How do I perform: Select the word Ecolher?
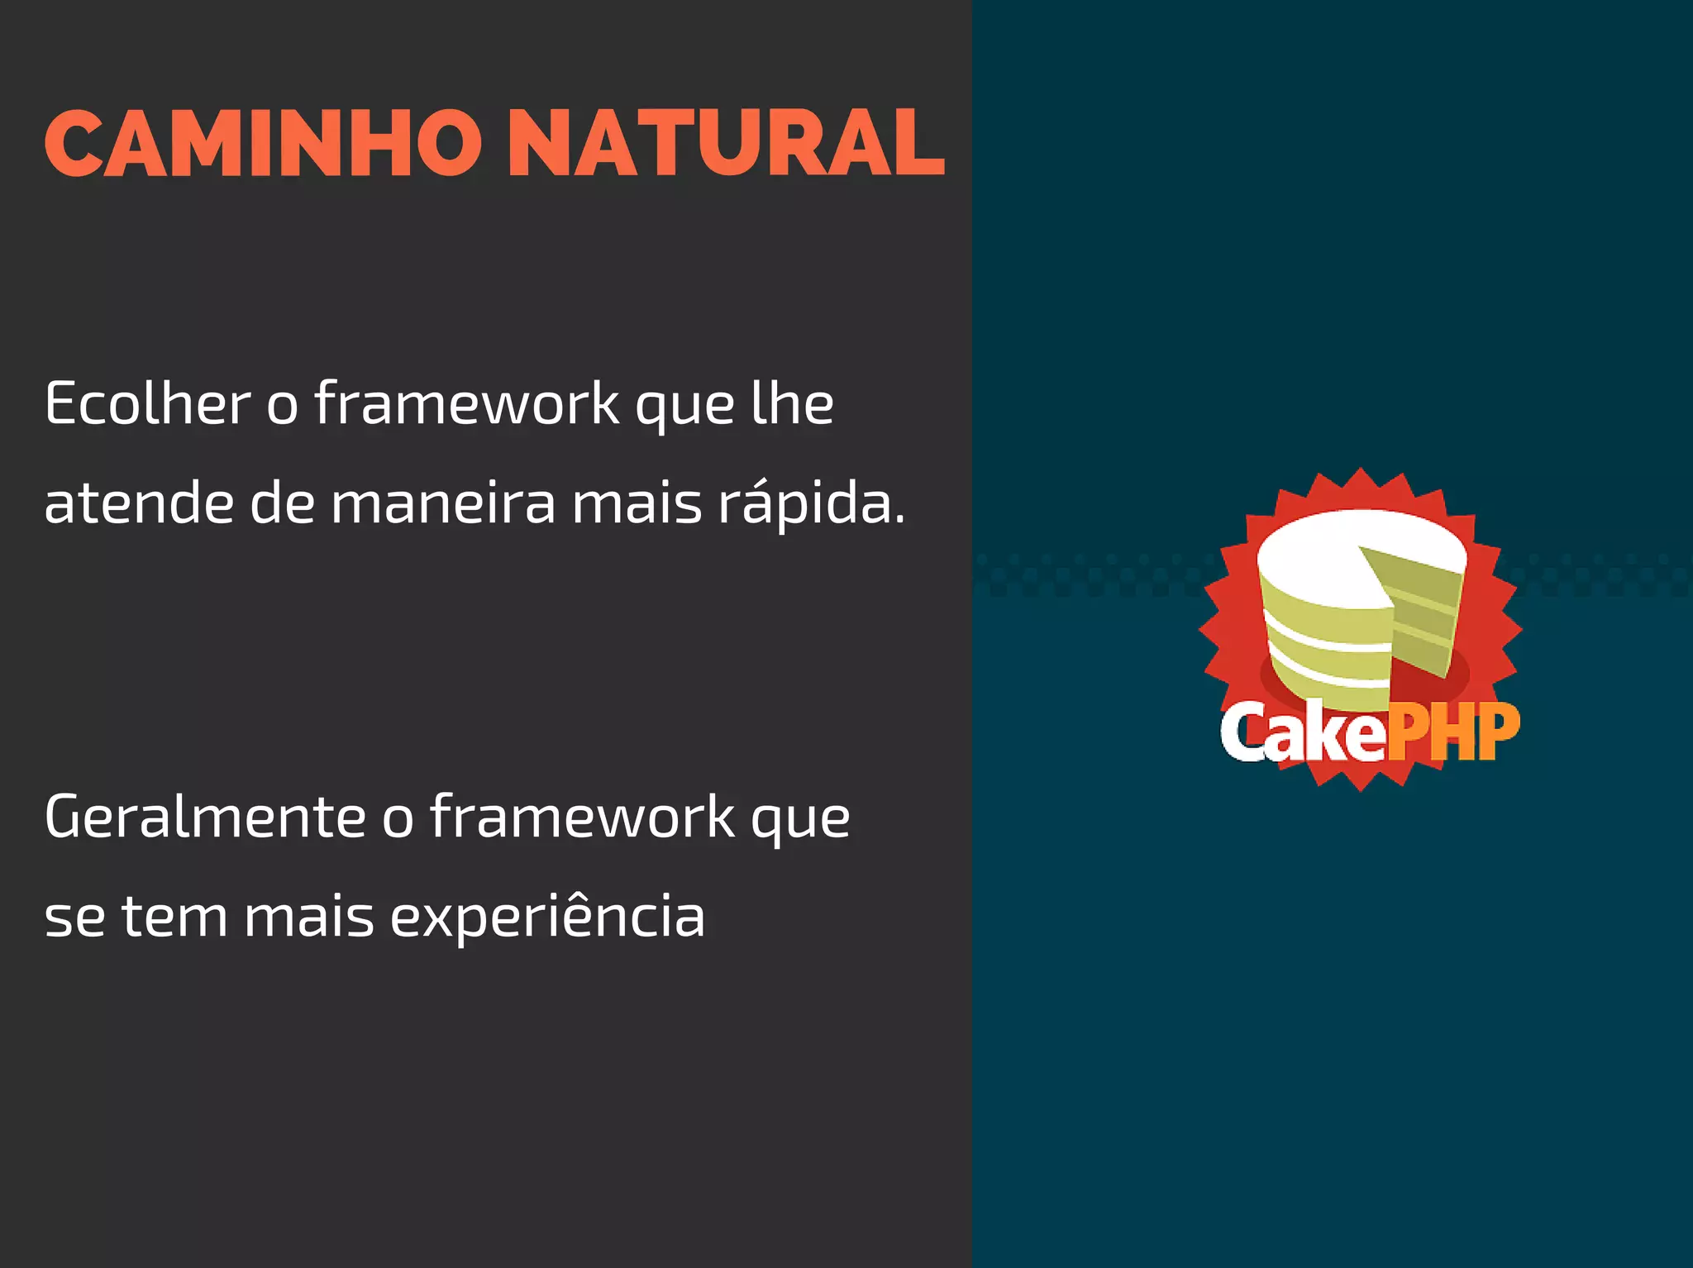pyautogui.click(x=147, y=405)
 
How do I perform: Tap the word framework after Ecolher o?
pyautogui.click(x=467, y=405)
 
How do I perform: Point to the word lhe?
pyautogui.click(x=792, y=405)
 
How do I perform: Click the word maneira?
pyautogui.click(x=444, y=504)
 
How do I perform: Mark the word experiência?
pyautogui.click(x=547, y=918)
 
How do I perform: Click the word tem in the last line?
pyautogui.click(x=174, y=918)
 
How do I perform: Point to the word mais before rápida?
pyautogui.click(x=637, y=504)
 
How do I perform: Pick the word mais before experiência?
pyautogui.click(x=309, y=918)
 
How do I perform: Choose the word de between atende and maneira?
pyautogui.click(x=283, y=504)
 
